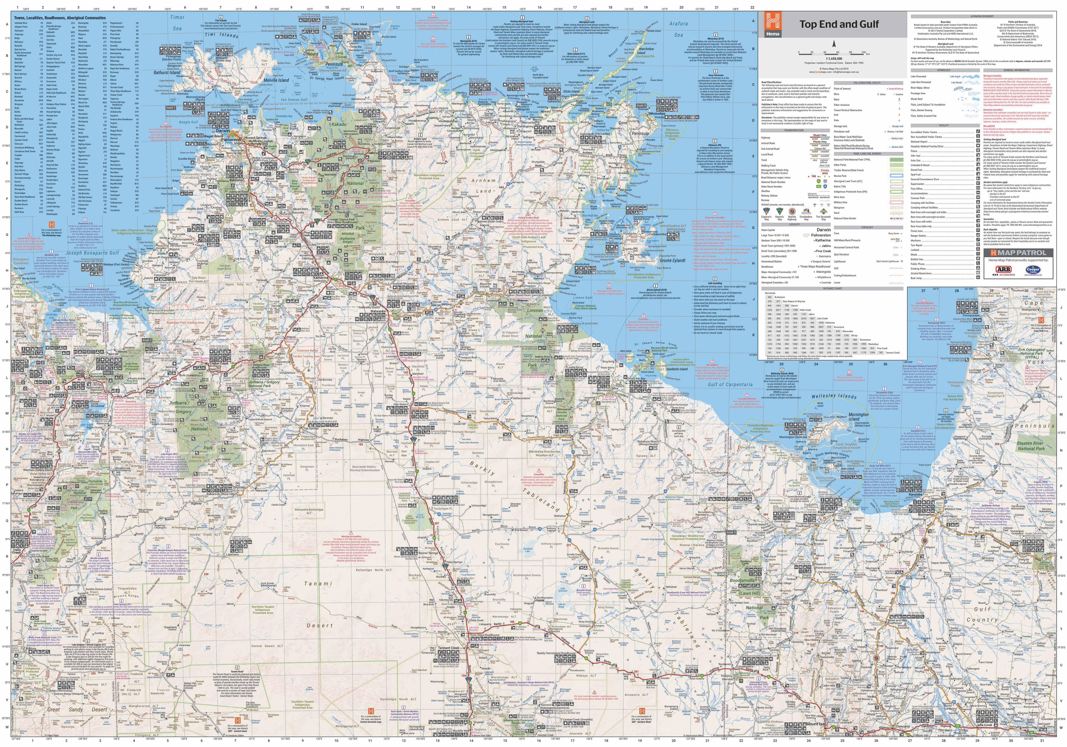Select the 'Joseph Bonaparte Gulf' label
tap(93, 253)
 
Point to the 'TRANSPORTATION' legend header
tap(794, 130)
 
